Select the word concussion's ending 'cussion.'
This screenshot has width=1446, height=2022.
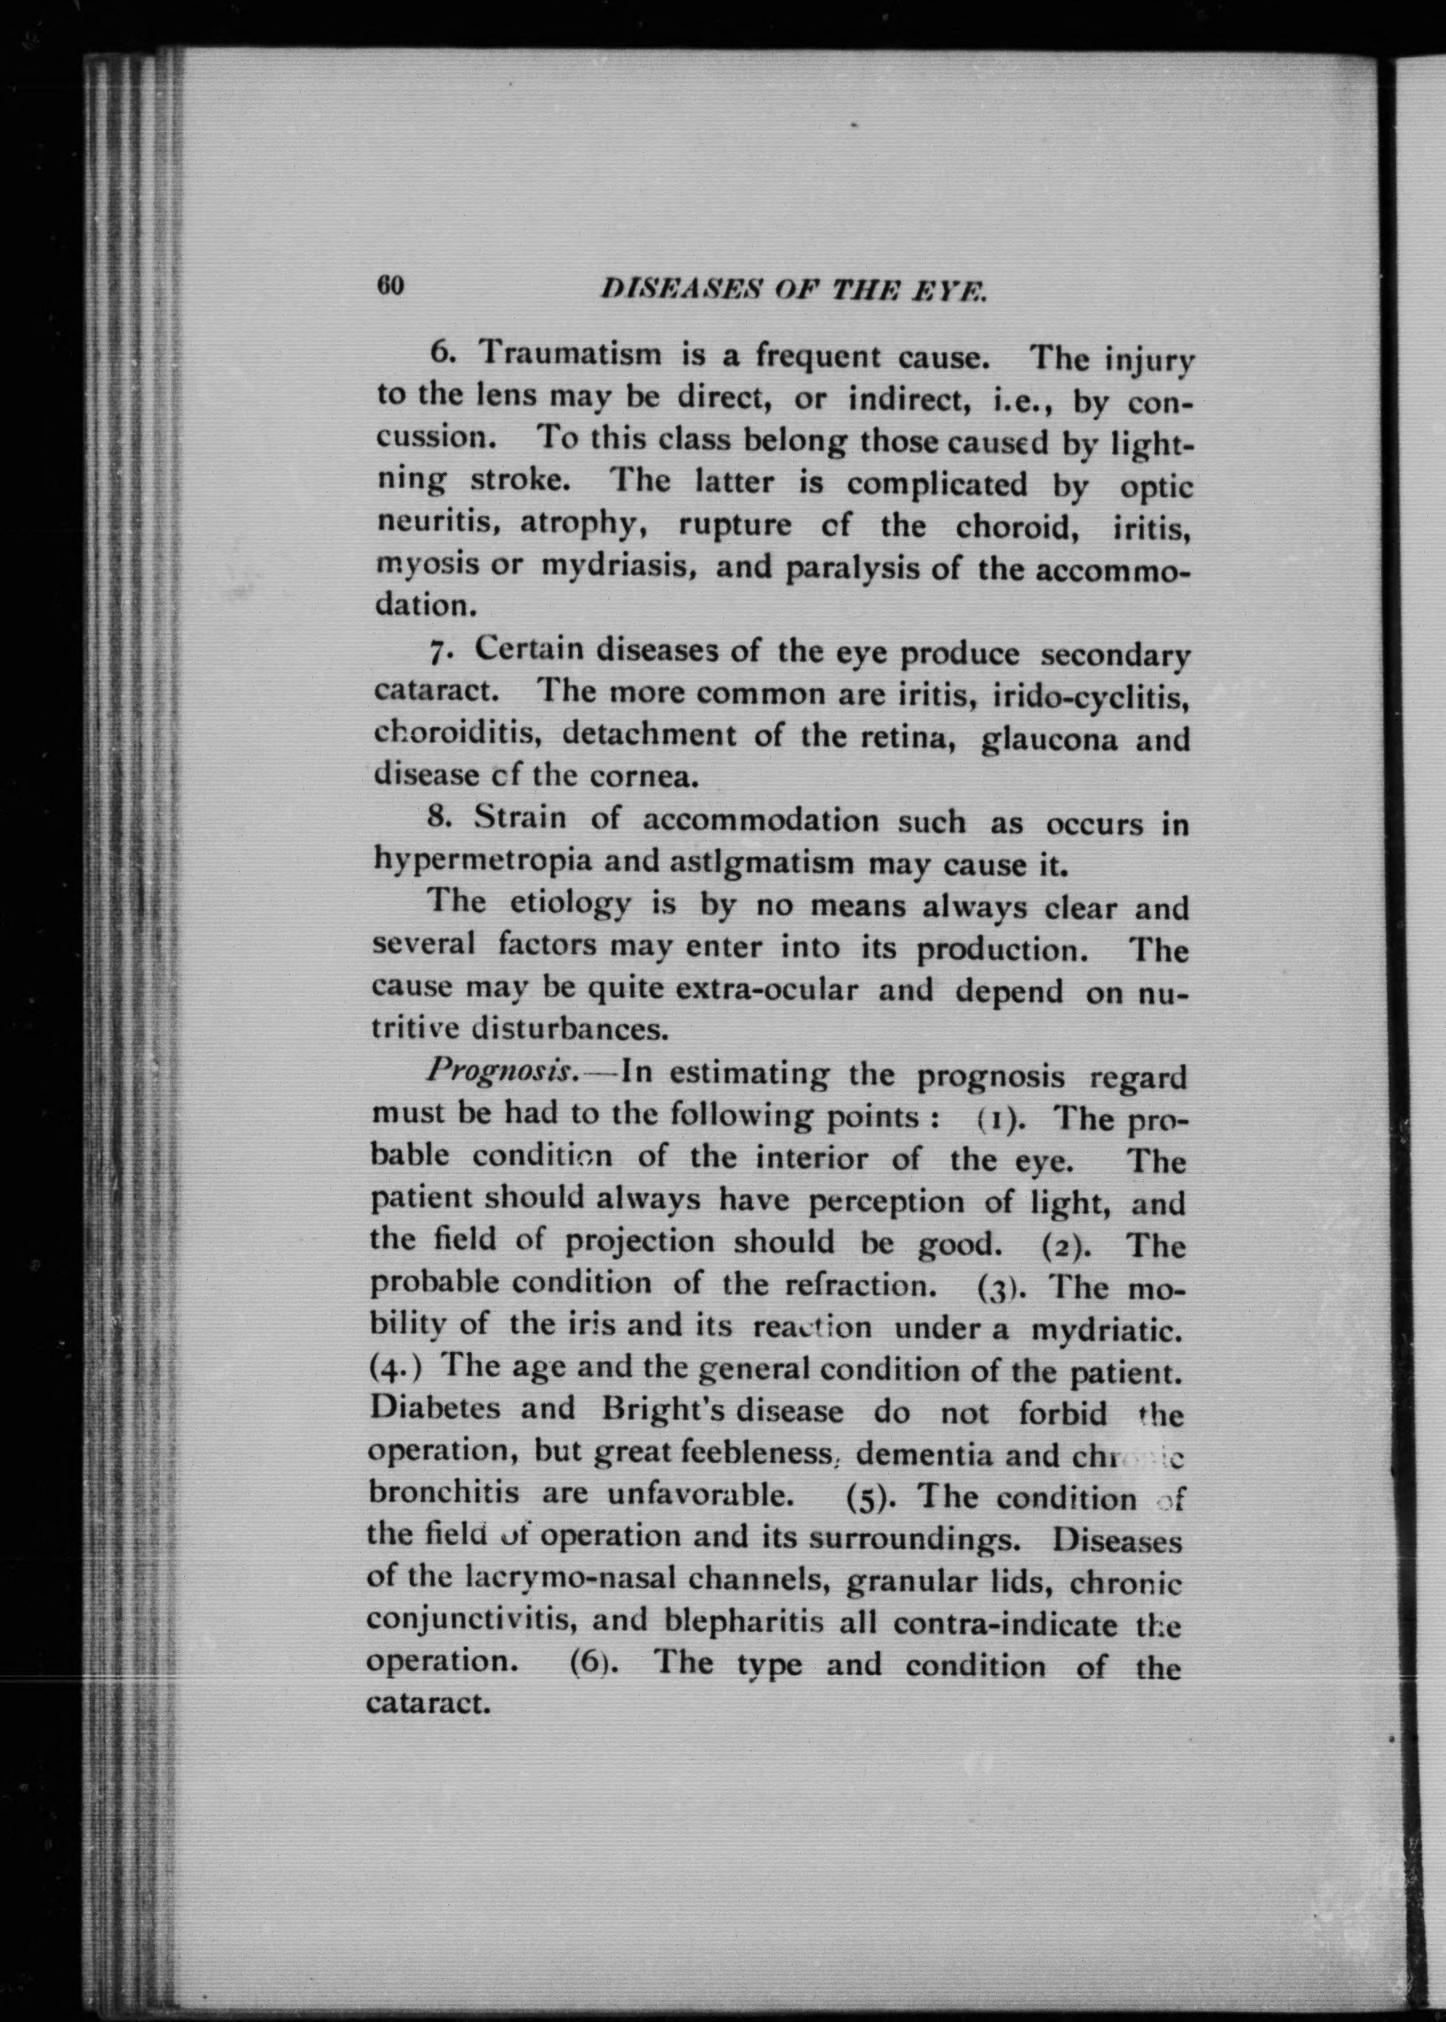pos(437,439)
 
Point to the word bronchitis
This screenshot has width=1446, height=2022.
pos(443,1495)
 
